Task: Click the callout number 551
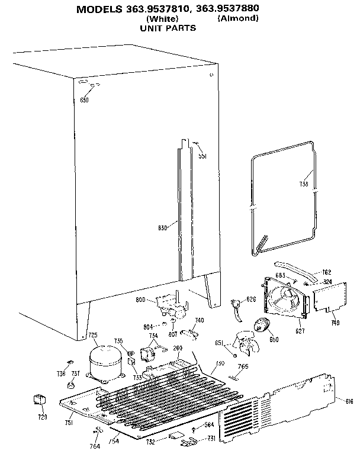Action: pos(202,156)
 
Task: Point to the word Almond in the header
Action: pos(238,18)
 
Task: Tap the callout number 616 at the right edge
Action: pos(349,401)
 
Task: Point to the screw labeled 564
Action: pos(195,429)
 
